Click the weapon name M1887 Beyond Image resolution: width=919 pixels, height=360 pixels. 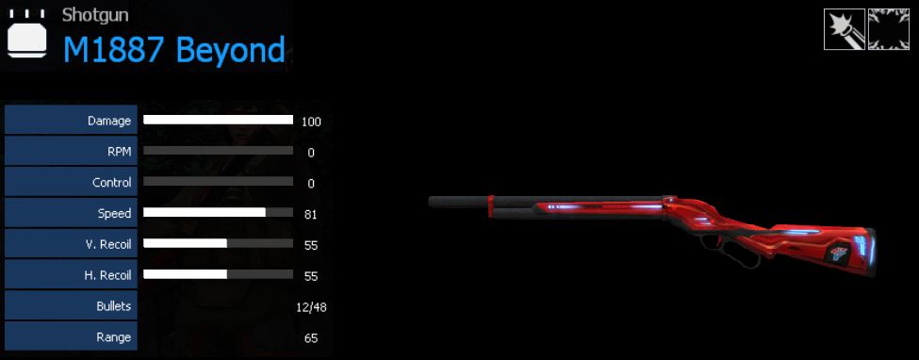click(x=174, y=50)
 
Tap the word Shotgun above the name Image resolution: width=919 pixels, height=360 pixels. click(x=95, y=15)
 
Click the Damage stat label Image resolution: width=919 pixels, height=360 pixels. click(x=109, y=121)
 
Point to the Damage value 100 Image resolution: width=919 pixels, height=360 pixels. click(x=311, y=122)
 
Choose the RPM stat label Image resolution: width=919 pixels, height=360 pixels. click(x=119, y=152)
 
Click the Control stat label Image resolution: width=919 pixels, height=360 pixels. click(x=112, y=182)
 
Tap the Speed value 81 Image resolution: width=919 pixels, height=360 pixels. click(x=311, y=214)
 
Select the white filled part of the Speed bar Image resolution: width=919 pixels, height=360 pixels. click(x=205, y=212)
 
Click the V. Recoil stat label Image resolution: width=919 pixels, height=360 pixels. click(x=107, y=244)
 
